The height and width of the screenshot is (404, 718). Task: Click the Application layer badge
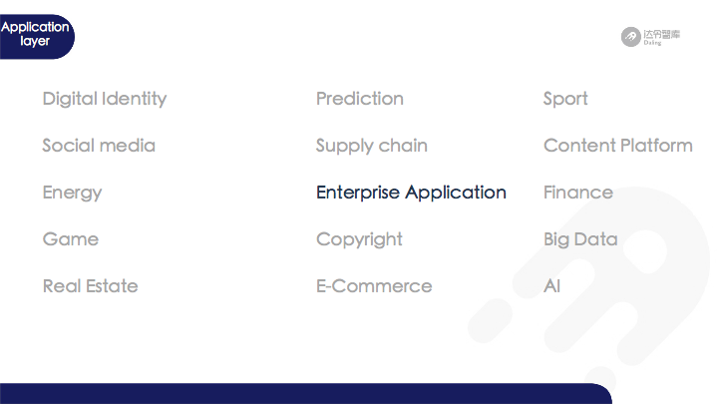[x=36, y=36]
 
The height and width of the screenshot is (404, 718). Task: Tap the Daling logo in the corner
[x=650, y=37]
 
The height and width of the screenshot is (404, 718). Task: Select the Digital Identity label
[x=105, y=99]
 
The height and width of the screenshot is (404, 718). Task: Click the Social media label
[x=99, y=146]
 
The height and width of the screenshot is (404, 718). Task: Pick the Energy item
[x=73, y=193]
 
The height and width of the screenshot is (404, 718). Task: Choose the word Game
[x=71, y=239]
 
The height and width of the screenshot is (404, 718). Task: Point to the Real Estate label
[x=90, y=286]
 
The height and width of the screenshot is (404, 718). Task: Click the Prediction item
[x=360, y=99]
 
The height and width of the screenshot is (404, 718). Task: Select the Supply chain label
[x=372, y=146]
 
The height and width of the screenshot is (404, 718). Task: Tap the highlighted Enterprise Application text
[x=411, y=193]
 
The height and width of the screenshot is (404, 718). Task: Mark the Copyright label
[x=359, y=239]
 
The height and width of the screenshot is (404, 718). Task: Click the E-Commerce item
[x=374, y=286]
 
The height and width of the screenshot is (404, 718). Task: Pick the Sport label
[x=565, y=100]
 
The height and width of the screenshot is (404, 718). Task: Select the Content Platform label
[x=618, y=146]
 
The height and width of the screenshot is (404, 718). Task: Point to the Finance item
[x=578, y=193]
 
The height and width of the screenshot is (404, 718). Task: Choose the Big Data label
[x=580, y=239]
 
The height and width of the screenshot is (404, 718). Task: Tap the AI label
[x=552, y=286]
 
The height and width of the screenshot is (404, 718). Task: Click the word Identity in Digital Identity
[x=135, y=99]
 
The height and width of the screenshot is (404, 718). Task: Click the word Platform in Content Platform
[x=657, y=146]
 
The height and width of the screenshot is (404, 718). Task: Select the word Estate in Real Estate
[x=112, y=286]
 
